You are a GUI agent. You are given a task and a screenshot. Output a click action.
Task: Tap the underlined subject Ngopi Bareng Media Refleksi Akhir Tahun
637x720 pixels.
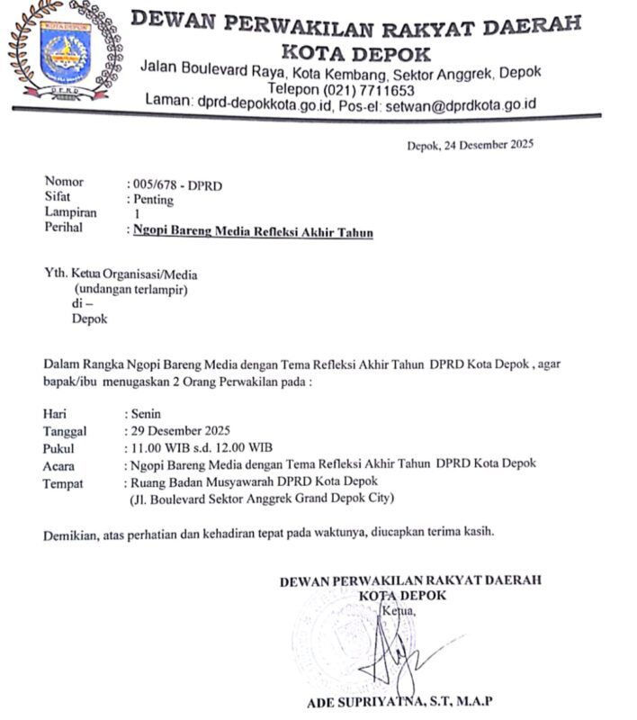pos(253,231)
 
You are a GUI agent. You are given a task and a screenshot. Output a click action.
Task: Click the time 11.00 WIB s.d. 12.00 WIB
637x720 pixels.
pos(202,447)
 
